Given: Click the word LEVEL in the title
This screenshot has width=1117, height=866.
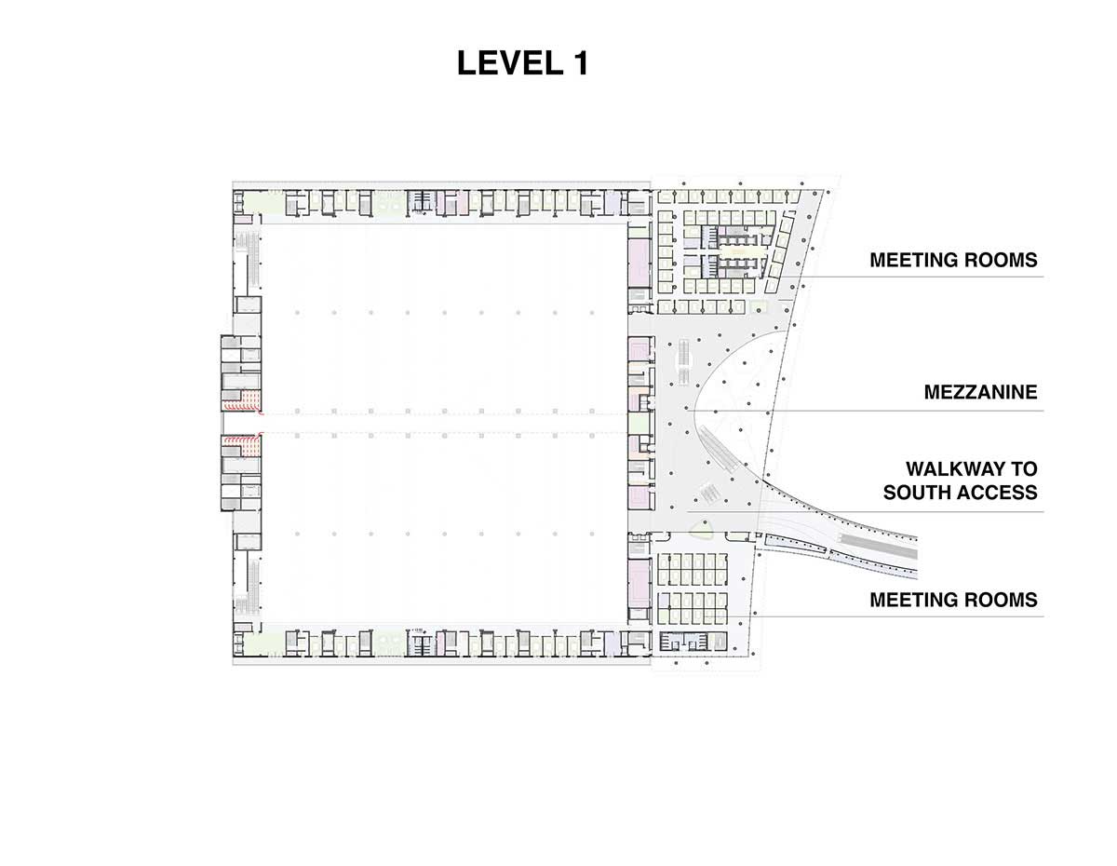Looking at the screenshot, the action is click(509, 63).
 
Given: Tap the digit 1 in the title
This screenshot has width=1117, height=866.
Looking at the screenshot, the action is click(580, 63).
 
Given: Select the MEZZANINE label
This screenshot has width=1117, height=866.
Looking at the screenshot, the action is click(980, 392).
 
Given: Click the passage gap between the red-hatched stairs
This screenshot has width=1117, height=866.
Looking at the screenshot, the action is click(242, 424).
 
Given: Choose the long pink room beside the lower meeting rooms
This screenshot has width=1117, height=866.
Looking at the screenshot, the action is click(639, 584).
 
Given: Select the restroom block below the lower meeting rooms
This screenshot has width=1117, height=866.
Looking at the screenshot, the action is click(693, 641).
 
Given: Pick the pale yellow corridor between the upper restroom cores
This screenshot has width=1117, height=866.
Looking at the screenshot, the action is click(737, 252).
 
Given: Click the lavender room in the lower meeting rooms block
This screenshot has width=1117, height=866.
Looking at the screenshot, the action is click(664, 600).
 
